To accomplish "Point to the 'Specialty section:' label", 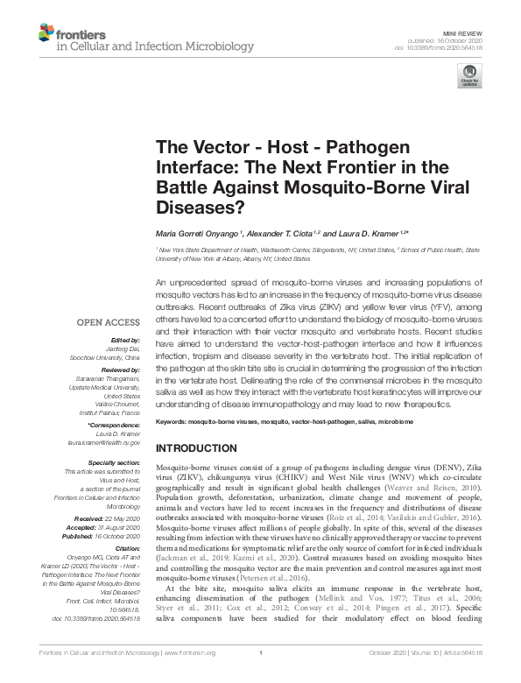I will pyautogui.click(x=114, y=461).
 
